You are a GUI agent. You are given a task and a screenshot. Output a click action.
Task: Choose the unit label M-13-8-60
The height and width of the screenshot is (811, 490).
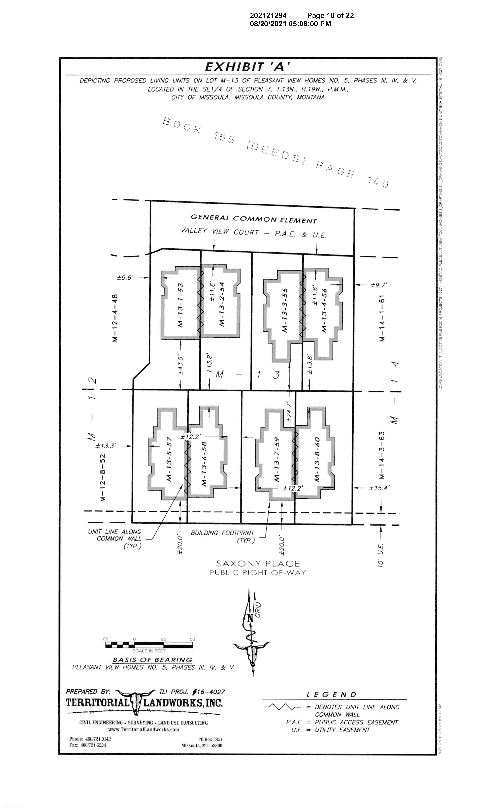coord(317,459)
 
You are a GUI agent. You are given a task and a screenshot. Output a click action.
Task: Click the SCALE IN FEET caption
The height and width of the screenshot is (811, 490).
coord(149,651)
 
